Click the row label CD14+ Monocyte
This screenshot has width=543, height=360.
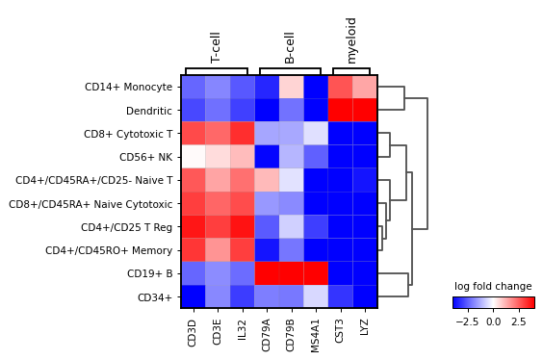128,87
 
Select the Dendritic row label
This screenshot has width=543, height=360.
147,110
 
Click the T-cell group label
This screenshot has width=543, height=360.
216,47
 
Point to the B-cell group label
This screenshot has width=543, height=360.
290,47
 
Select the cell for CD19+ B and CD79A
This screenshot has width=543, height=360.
269,273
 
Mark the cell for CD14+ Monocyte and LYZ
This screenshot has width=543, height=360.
365,87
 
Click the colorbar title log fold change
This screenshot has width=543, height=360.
492,287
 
